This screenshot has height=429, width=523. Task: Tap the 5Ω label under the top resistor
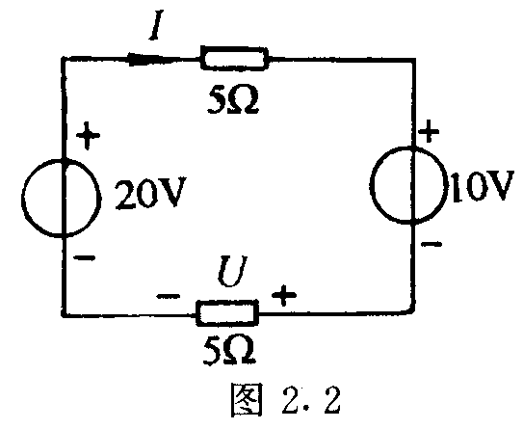232,101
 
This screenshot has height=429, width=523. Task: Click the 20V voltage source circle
22,199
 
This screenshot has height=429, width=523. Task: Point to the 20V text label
149,194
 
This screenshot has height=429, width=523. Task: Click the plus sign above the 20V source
88,135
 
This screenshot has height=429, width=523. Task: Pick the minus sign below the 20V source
85,257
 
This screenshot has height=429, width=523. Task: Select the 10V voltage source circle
370,185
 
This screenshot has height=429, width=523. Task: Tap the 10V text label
483,186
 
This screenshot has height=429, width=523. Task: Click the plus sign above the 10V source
430,130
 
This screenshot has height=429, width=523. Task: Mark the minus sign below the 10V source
431,244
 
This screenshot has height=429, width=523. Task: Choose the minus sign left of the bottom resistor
169,296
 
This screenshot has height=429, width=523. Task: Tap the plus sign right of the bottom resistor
284,295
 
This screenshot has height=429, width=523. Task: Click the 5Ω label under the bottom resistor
230,350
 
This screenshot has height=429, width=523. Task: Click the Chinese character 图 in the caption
247,400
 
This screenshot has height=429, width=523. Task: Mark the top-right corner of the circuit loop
413,60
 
